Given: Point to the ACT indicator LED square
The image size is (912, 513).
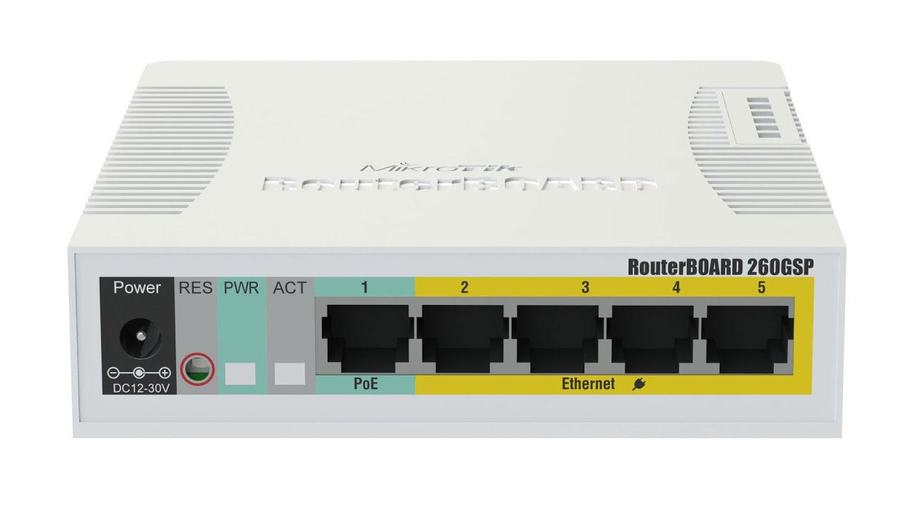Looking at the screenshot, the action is click(289, 373).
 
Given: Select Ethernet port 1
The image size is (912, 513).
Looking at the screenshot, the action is click(365, 336).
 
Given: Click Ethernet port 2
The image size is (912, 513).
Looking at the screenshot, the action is click(463, 336).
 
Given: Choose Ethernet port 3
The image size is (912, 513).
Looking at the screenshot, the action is click(559, 336).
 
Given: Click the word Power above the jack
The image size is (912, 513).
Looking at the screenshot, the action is click(138, 288).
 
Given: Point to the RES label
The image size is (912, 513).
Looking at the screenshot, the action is click(195, 288).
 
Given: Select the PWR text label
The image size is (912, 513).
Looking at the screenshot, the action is click(240, 288).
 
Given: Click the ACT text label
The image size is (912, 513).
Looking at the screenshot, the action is click(289, 288).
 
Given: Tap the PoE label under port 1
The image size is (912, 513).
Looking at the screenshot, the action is click(366, 385).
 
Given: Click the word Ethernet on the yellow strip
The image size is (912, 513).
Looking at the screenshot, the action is click(588, 385).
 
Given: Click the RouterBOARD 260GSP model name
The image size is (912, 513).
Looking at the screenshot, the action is click(720, 266).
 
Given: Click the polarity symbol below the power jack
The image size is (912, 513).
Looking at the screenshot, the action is click(138, 372).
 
